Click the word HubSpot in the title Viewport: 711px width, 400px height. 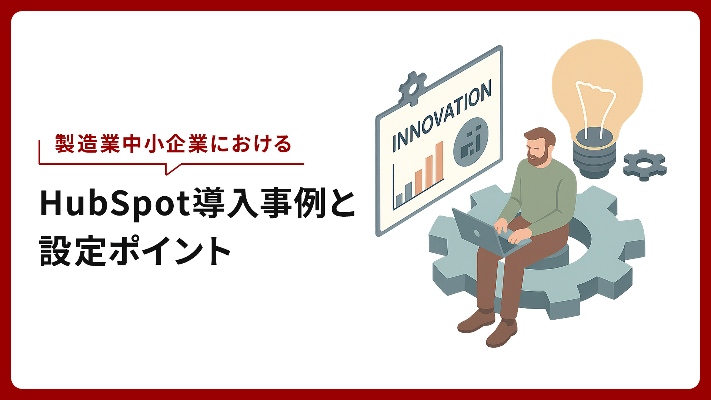click(x=115, y=203)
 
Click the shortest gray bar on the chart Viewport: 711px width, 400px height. click(x=399, y=200)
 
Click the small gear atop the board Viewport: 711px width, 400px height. click(x=412, y=88)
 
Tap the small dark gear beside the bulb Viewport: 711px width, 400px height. click(x=645, y=165)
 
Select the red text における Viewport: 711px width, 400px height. click(x=251, y=144)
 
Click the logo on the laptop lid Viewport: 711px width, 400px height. click(x=477, y=234)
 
